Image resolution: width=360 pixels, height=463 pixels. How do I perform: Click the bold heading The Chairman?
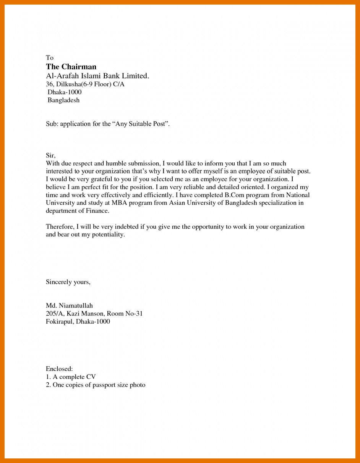[x=71, y=67]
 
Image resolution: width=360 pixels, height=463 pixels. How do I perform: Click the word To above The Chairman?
[x=50, y=58]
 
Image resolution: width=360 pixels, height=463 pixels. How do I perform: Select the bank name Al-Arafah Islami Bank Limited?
[x=97, y=76]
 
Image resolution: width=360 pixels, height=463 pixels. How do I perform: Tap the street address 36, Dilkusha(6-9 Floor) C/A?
[x=85, y=84]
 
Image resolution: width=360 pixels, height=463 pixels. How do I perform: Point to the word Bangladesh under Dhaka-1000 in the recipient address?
[x=63, y=100]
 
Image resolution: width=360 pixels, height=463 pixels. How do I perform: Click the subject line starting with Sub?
[x=107, y=124]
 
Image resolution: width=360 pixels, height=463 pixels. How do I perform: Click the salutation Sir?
[x=50, y=155]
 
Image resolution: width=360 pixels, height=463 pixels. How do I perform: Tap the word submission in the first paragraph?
[x=144, y=164]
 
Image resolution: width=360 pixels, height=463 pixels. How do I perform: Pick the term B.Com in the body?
[x=233, y=195]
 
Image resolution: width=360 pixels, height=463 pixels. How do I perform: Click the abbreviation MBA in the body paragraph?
[x=119, y=203]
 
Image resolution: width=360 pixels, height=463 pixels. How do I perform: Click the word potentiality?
[x=109, y=235]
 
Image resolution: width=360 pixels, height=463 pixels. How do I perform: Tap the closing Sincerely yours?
[x=68, y=282]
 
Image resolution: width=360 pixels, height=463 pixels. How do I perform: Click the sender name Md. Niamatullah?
[x=69, y=306]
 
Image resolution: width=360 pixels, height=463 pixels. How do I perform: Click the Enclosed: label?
[x=59, y=369]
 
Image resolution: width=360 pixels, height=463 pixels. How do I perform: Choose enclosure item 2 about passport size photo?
[x=96, y=385]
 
